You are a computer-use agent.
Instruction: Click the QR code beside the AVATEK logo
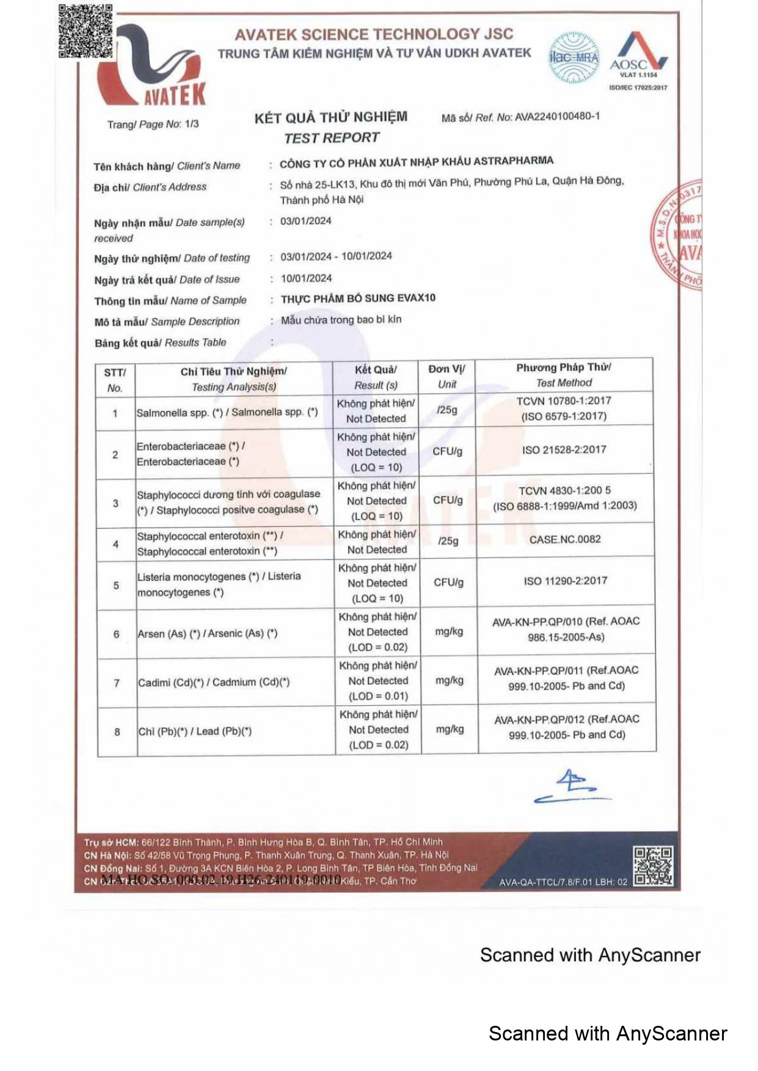click(86, 31)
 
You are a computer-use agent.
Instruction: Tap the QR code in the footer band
click(652, 865)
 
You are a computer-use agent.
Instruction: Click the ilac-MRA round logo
click(574, 58)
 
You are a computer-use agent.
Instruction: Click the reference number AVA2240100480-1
click(557, 117)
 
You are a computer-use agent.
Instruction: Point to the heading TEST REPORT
click(332, 138)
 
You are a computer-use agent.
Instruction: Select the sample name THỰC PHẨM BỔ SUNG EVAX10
click(358, 299)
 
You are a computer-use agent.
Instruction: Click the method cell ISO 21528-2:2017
click(564, 450)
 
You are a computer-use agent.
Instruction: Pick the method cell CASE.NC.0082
click(565, 539)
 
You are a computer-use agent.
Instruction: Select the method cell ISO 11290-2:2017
click(565, 581)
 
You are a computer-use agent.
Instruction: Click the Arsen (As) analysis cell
click(208, 634)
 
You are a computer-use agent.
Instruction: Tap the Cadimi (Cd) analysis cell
click(214, 683)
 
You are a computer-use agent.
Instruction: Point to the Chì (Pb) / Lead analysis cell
click(195, 732)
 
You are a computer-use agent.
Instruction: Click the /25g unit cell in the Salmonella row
click(447, 410)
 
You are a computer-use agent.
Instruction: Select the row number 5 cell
click(116, 586)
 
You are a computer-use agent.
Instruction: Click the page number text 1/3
click(192, 124)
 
